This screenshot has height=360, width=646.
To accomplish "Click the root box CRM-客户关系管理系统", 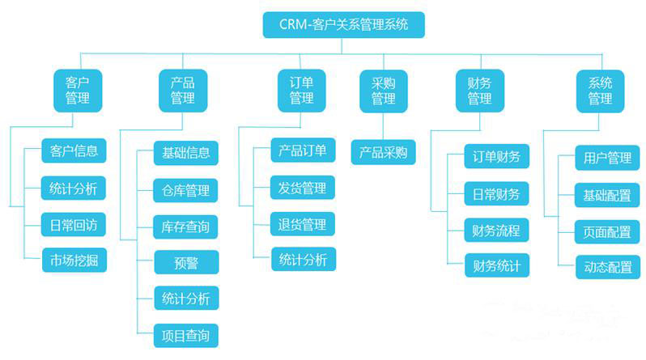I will tap(343, 24).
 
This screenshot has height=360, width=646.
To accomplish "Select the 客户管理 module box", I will tap(77, 91).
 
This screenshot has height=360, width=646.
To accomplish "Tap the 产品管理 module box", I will tap(182, 91).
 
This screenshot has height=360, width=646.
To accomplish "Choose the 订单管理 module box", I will tap(301, 91).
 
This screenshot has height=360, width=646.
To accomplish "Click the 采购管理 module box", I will tap(383, 91).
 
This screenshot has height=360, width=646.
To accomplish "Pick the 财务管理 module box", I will tap(479, 91).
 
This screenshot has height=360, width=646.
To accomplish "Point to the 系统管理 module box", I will tap(600, 91).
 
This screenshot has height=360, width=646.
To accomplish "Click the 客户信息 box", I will tap(74, 151).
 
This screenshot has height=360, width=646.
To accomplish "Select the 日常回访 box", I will tap(74, 224).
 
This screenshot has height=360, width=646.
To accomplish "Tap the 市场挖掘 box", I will tap(74, 260).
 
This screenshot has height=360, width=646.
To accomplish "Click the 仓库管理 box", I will tap(185, 191).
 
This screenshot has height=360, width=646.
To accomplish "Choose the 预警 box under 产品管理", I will tap(185, 262).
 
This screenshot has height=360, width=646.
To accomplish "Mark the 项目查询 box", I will tap(185, 334).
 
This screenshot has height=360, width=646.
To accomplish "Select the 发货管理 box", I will tap(303, 188).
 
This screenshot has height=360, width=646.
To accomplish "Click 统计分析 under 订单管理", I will tap(303, 260).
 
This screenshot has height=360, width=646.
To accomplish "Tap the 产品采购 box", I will tap(383, 152).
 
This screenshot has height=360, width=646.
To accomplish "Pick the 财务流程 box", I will tap(496, 230).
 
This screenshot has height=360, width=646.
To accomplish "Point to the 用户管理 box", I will tap(607, 158).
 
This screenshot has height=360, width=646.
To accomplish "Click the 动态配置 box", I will tap(607, 268).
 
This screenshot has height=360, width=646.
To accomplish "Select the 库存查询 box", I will tap(185, 227).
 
